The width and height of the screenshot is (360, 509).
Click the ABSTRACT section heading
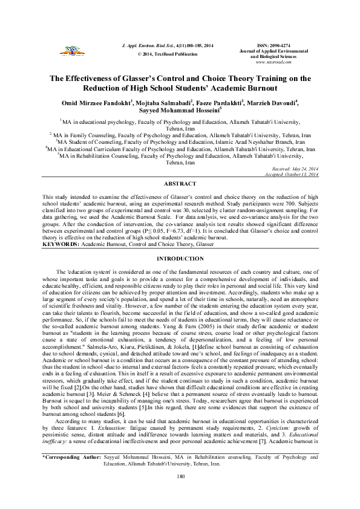(x=180, y=183)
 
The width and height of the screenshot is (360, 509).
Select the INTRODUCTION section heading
(x=180, y=275)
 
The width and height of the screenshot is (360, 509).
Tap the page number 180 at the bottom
(x=180, y=494)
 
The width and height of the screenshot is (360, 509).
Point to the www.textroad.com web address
(x=275, y=62)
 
